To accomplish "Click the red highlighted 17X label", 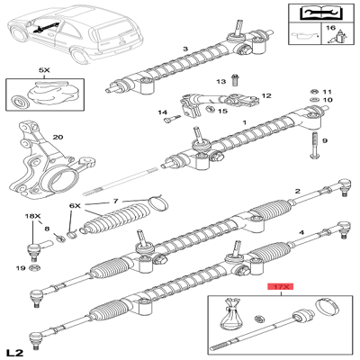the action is tap(280, 287).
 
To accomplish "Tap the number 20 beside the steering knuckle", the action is tap(58, 137).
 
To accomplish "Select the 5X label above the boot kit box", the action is tap(44, 70).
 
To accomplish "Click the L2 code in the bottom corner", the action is tap(15, 352).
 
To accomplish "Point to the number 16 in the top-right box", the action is tap(330, 28).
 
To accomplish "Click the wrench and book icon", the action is tap(320, 13).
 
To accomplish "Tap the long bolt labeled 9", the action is tap(314, 146).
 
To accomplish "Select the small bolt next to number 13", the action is tap(234, 79).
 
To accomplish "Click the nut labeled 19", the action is tap(34, 268).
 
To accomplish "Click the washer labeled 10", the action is tap(314, 100).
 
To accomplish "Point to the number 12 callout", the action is tap(266, 95).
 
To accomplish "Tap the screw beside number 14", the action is tap(172, 120).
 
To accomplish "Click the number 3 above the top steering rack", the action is tap(185, 49).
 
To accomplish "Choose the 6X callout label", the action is tap(75, 206).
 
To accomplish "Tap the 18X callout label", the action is tap(32, 216).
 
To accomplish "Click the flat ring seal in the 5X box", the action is tap(20, 102).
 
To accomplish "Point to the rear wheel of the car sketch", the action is tap(79, 56).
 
